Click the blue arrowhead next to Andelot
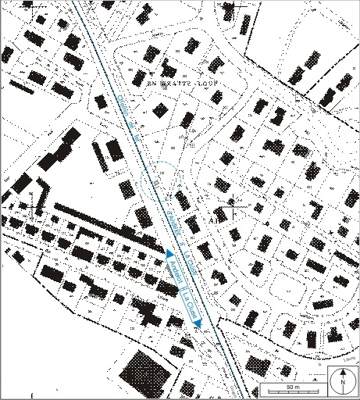click(169, 253)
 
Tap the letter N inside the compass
click(342, 384)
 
